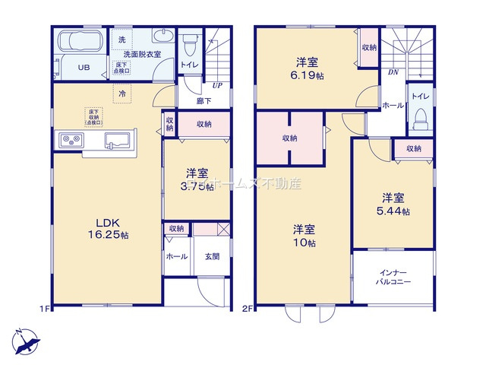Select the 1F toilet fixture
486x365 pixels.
188,44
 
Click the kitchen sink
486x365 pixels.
118,139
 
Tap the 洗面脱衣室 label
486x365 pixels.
142,55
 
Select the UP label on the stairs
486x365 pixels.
217,84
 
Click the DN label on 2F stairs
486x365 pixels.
392,73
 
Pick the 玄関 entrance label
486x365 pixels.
212,257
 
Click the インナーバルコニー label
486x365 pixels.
393,276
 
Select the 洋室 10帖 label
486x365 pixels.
306,236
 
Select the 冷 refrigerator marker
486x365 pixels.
122,94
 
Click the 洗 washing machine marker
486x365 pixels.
122,39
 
